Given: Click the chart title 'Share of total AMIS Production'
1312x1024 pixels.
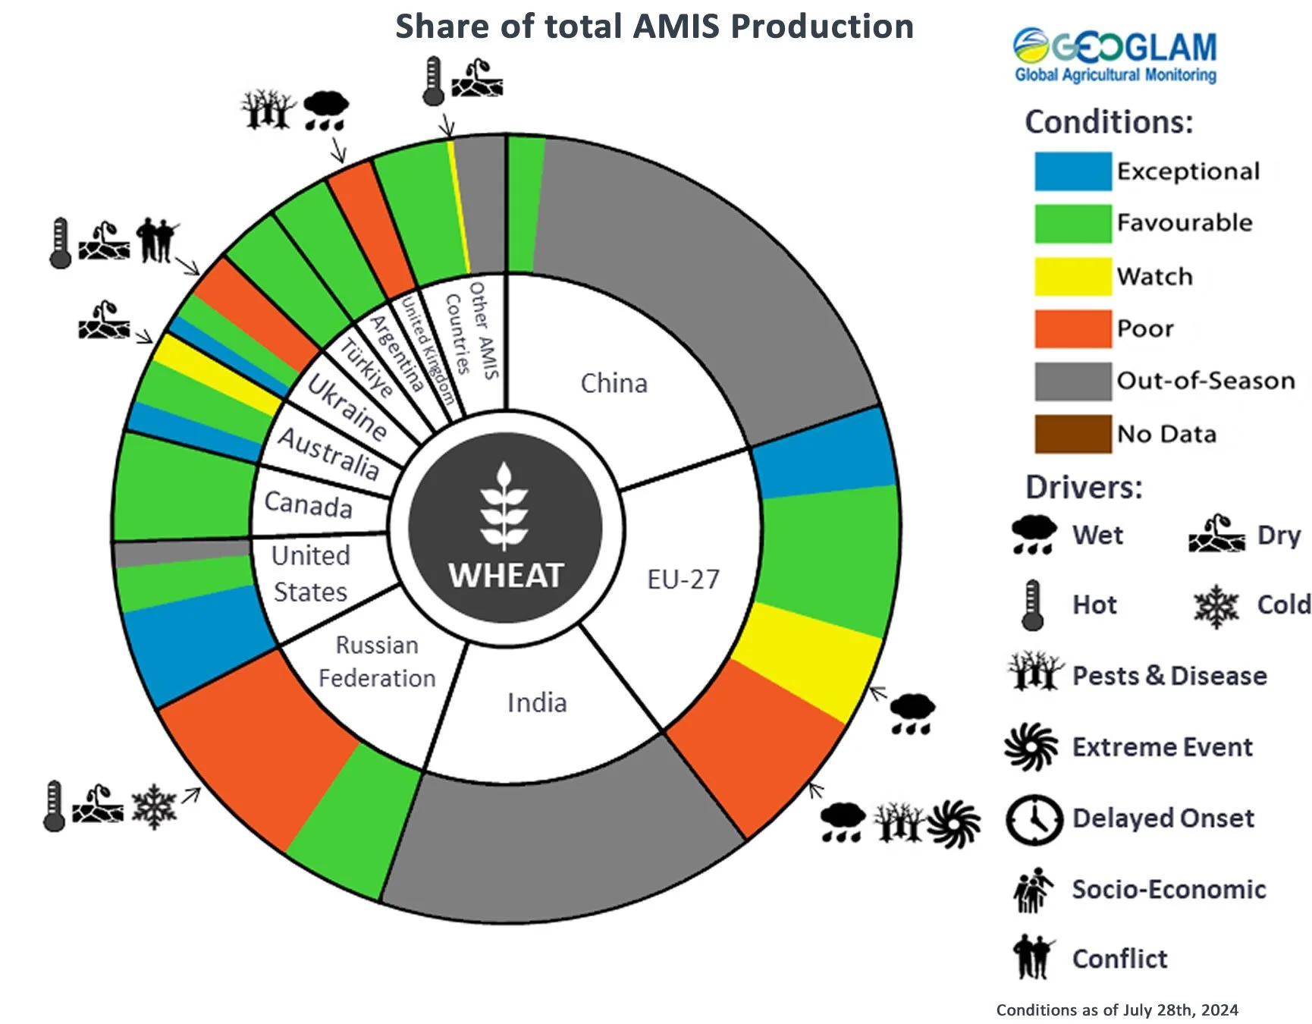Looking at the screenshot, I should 654,27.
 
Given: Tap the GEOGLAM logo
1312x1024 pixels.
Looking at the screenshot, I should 1115,55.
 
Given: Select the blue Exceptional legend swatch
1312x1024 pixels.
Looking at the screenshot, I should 1072,171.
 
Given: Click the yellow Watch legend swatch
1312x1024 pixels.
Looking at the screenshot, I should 1072,276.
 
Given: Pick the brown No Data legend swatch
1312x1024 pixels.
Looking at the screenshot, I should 1072,434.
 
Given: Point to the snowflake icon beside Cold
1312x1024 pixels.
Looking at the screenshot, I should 1216,606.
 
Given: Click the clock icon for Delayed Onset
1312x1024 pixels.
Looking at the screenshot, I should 1034,820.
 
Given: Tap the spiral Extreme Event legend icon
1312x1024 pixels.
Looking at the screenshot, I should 1031,747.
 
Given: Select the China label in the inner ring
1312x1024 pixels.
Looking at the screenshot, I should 614,384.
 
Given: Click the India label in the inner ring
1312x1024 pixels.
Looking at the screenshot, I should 537,703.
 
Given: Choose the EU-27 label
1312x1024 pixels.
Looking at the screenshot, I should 683,580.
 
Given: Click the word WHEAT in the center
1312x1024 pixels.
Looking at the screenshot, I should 506,575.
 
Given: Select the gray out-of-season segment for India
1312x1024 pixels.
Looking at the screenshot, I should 561,842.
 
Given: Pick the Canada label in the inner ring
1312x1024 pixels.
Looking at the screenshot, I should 308,504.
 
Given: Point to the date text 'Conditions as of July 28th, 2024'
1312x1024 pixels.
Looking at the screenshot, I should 1116,1010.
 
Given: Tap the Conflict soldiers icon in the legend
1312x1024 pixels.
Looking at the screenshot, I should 1032,957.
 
